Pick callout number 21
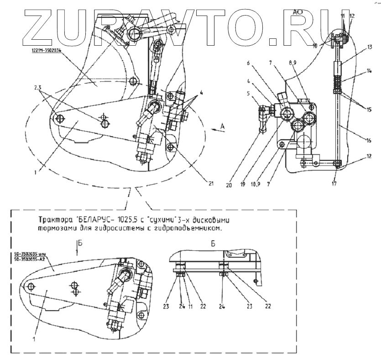pos(211,184)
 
